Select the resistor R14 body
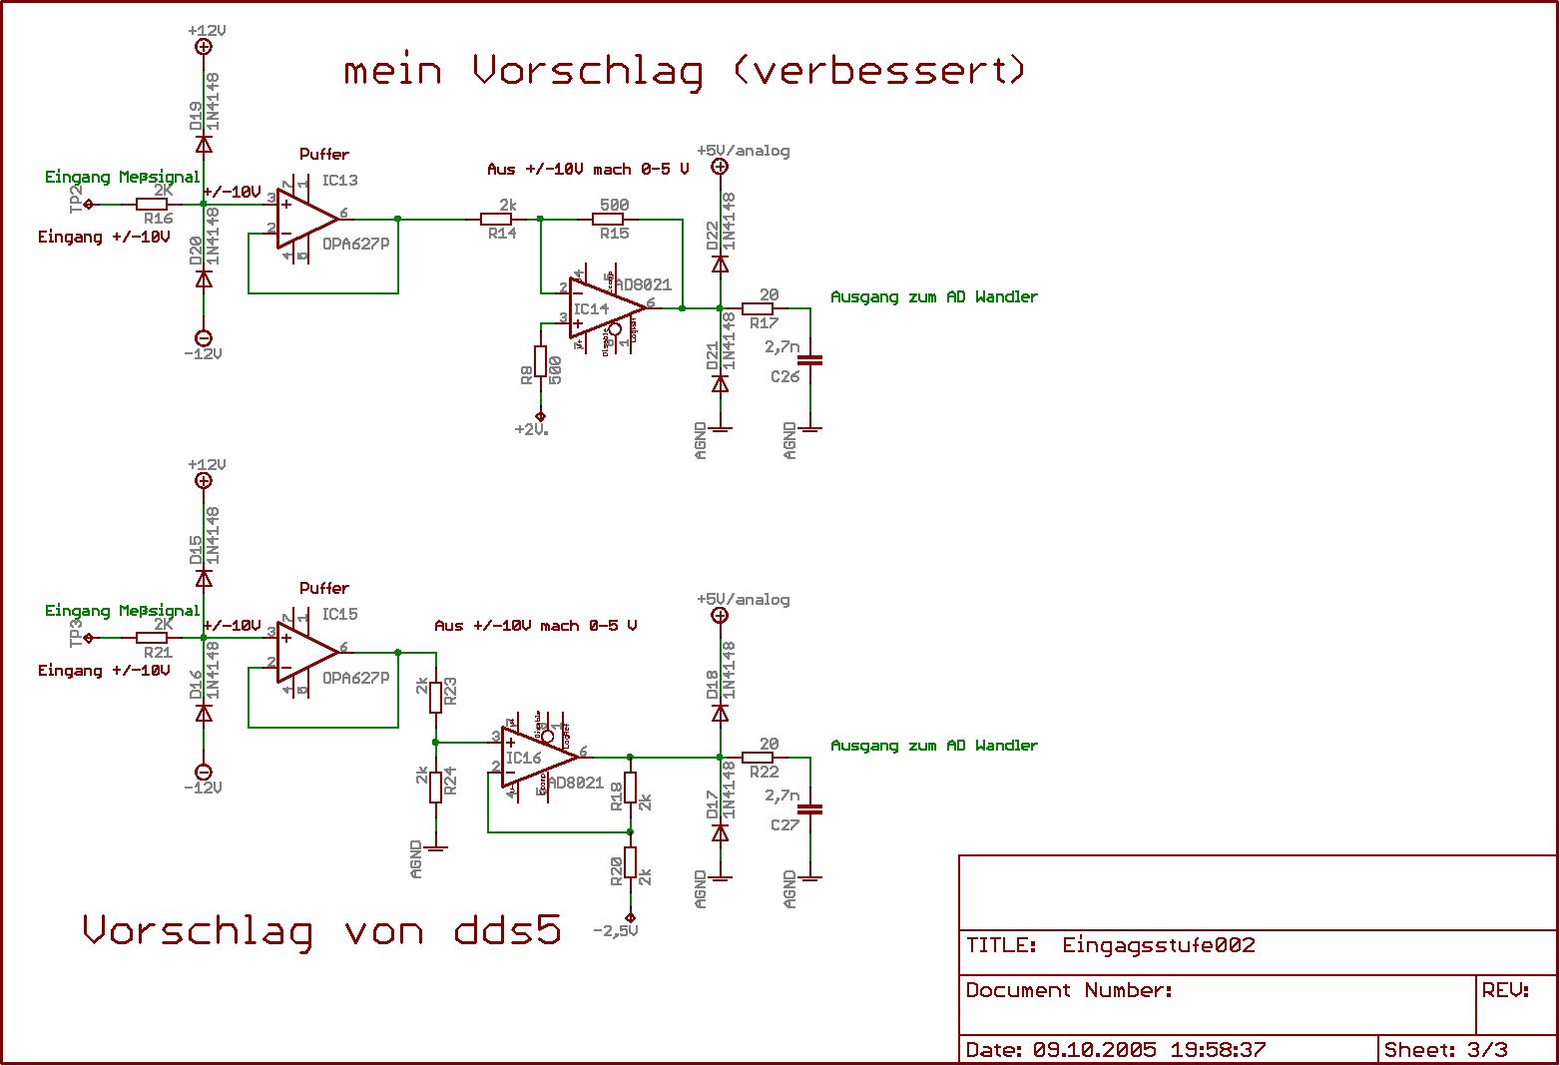click(497, 219)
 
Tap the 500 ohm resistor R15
click(613, 219)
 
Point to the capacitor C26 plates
click(809, 359)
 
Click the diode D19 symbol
click(204, 145)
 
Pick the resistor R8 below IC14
click(541, 361)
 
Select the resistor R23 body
click(435, 697)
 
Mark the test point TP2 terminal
click(89, 205)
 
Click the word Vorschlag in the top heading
click(587, 71)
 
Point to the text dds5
click(508, 930)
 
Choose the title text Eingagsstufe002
click(1158, 945)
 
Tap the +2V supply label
click(532, 430)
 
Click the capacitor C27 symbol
click(809, 809)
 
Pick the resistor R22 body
click(759, 758)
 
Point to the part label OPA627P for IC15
click(355, 679)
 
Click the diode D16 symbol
click(204, 713)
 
